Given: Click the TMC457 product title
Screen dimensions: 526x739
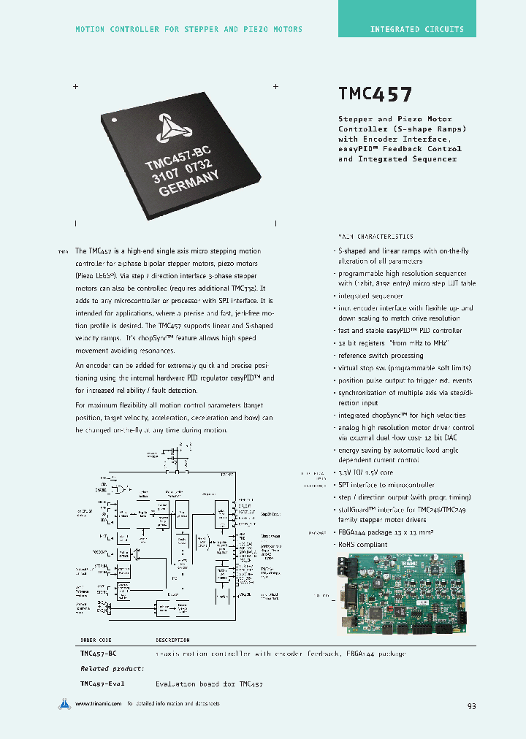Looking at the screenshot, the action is [x=376, y=94].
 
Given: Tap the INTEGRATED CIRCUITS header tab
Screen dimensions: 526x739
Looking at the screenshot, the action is [x=416, y=29].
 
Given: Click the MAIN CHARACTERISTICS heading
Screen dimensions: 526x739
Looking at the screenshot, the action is [x=376, y=237].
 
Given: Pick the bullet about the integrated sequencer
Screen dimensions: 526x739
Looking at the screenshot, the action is [x=370, y=296].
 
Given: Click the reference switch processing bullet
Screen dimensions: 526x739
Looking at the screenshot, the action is [x=381, y=356].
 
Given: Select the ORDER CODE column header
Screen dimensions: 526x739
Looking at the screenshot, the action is [x=96, y=640].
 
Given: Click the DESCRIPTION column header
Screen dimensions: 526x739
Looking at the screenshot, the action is [x=173, y=640].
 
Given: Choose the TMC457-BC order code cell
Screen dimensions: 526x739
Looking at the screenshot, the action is [x=99, y=654].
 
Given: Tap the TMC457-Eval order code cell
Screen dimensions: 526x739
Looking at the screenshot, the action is [x=102, y=684].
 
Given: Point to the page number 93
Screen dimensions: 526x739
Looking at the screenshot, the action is [x=471, y=706].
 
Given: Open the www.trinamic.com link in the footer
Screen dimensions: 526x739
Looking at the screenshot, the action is [x=97, y=704].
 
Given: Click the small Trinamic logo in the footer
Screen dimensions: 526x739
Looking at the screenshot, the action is [x=64, y=704].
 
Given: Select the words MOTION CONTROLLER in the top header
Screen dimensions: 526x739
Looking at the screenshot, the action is [x=118, y=29].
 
